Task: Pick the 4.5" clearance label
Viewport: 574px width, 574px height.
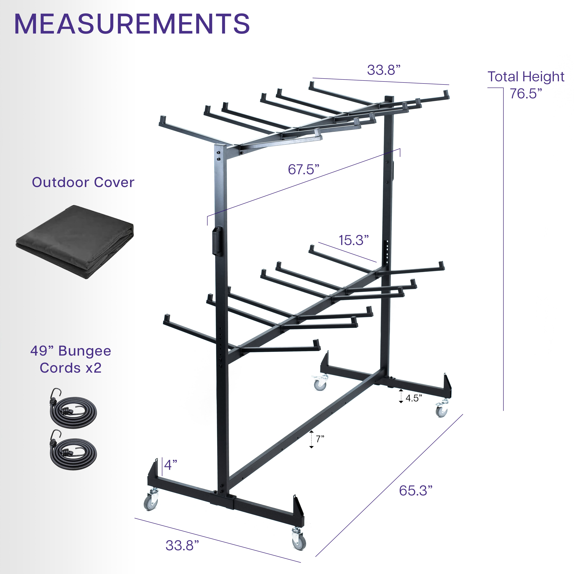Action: (414, 398)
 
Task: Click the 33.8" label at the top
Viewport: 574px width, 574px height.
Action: (384, 70)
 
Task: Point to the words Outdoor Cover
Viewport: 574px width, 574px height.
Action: (83, 182)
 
